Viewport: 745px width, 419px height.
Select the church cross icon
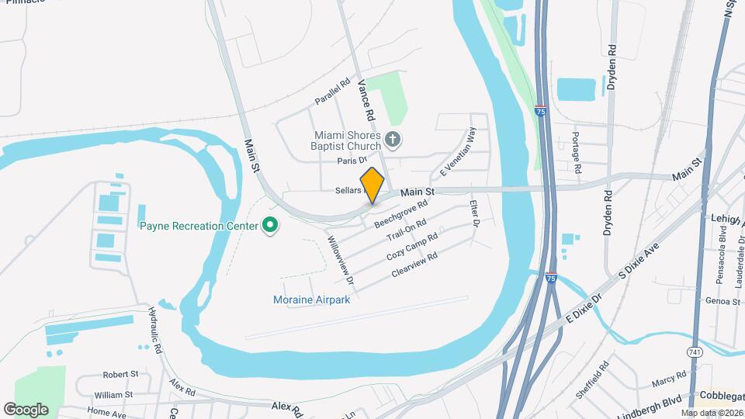pos(393,140)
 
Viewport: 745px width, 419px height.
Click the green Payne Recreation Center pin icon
pos(270,226)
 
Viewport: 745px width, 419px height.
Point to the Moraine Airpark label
pos(312,300)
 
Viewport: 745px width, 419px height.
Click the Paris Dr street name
pos(352,161)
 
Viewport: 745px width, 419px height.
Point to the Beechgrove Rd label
pos(401,213)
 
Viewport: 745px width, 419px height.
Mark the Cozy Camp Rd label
pos(412,246)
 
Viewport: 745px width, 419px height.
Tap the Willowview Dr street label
pos(341,259)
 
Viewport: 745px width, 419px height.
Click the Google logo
pos(26,409)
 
